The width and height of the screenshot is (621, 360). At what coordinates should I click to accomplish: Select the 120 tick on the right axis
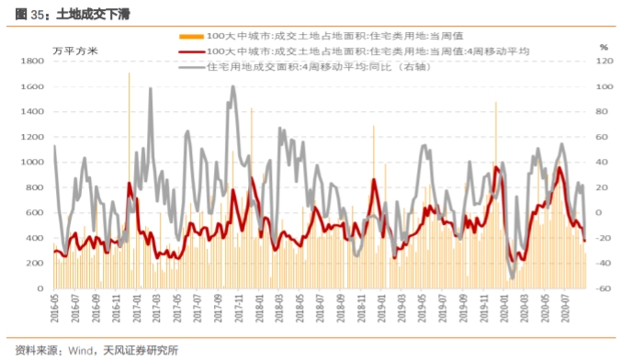tap(604, 62)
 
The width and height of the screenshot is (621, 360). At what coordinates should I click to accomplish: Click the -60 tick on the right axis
tap(604, 288)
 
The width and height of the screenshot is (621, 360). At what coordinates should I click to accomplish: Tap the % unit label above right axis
tap(604, 46)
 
